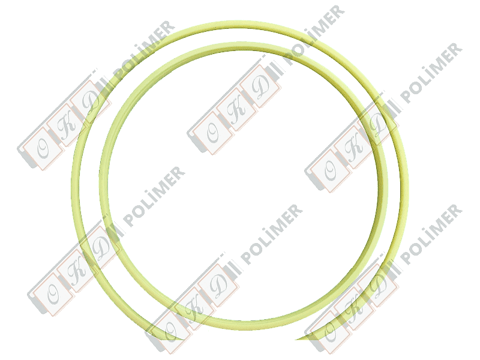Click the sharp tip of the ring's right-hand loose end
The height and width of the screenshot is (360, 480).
tap(296, 339)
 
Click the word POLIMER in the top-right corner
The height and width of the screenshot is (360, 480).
tap(431, 73)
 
